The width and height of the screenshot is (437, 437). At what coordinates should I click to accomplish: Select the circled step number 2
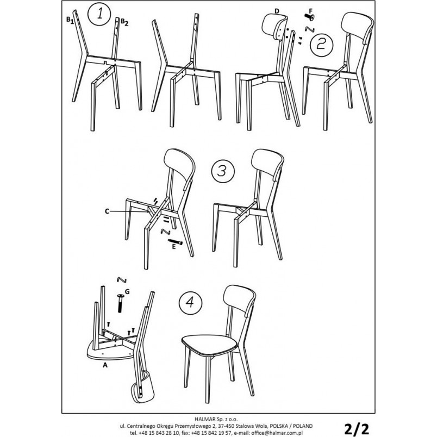[321, 44]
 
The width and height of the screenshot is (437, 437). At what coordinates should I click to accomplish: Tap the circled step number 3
[223, 171]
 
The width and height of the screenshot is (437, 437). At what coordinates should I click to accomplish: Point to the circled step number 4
[190, 302]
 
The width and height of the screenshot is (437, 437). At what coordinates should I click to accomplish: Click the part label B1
[70, 20]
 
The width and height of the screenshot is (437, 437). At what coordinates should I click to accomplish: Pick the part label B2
[124, 22]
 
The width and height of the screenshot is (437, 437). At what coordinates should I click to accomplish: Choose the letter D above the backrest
[277, 11]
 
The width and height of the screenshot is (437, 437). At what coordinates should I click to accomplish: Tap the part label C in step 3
[107, 211]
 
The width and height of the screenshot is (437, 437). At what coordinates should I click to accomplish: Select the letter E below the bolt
[174, 247]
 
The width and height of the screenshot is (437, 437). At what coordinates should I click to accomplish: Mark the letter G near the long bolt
[127, 292]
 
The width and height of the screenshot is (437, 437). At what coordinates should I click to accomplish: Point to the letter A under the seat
[105, 365]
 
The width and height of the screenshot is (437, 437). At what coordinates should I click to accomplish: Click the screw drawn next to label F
[309, 17]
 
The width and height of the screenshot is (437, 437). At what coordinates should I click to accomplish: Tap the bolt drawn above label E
[175, 242]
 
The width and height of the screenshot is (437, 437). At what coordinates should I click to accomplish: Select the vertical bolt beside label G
[121, 303]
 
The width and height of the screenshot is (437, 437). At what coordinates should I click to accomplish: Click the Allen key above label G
[122, 280]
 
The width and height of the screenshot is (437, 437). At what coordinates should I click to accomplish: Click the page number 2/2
[357, 429]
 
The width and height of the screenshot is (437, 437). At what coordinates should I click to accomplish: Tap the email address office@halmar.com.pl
[277, 433]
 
